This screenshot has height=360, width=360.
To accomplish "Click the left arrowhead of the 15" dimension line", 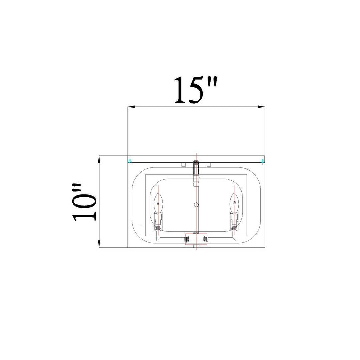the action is (x=131, y=107).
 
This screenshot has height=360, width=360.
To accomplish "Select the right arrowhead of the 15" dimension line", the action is (x=262, y=107).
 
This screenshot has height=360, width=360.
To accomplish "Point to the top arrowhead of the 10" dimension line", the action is (x=99, y=160).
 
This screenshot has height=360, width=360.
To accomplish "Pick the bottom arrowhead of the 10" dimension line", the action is (x=99, y=244).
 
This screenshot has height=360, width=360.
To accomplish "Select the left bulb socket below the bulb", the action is (x=158, y=221).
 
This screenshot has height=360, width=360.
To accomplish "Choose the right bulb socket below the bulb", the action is (x=234, y=221).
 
